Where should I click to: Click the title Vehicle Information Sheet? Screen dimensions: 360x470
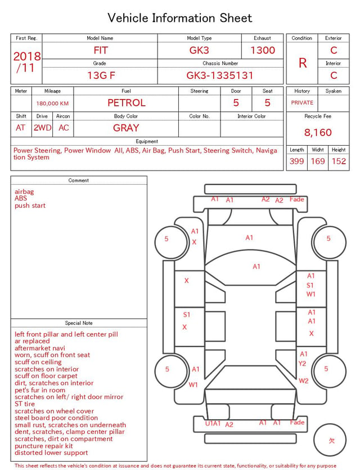(x=179, y=18)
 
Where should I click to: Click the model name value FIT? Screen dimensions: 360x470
(x=101, y=50)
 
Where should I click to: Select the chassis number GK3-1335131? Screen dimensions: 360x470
(x=220, y=75)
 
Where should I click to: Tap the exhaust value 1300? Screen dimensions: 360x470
(x=263, y=50)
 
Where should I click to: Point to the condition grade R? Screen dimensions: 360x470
(x=303, y=63)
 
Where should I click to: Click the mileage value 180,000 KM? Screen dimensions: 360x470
(x=52, y=104)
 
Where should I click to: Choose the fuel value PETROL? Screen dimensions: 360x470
(x=127, y=103)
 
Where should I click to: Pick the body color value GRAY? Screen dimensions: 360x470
(x=126, y=128)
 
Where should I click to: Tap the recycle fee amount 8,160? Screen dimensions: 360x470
(x=318, y=132)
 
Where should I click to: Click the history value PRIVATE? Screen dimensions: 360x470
(x=302, y=102)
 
